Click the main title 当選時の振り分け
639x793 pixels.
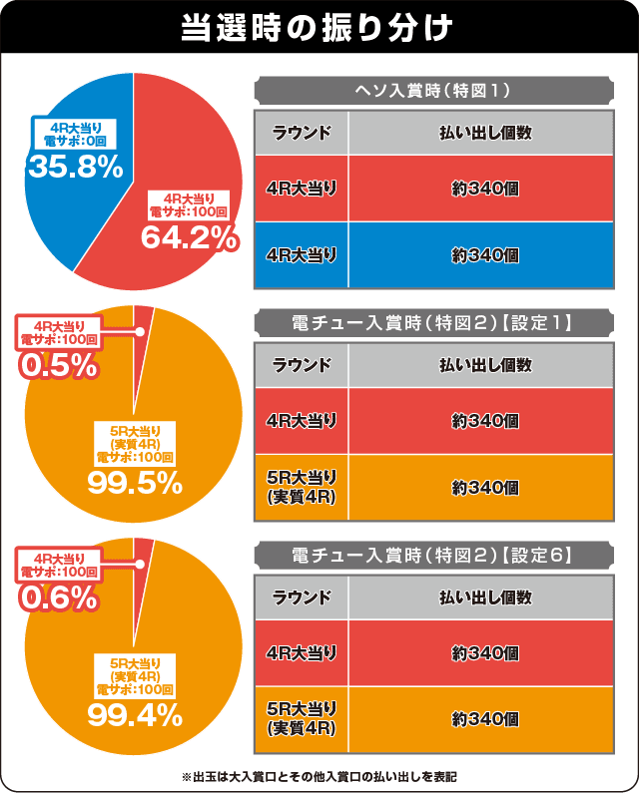pos(319,27)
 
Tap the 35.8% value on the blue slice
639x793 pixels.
pos(75,166)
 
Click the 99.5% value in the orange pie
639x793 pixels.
pos(134,483)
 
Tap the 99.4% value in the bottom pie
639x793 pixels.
pos(134,714)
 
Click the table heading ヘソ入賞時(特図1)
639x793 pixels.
pos(433,91)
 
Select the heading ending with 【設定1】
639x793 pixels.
pos(433,322)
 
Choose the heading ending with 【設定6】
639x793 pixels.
pos(433,555)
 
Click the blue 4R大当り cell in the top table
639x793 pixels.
pos(303,255)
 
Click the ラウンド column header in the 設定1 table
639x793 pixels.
pos(303,365)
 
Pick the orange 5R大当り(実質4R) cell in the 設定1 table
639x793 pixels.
pos(303,488)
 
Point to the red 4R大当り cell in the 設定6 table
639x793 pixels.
pos(303,653)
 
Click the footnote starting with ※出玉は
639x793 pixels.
pos(319,775)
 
